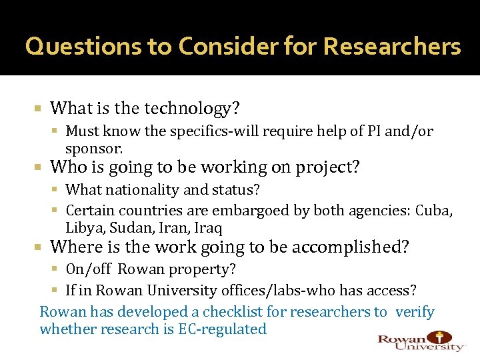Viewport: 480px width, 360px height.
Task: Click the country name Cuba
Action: pyautogui.click(x=433, y=211)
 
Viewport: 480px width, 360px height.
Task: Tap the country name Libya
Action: pyautogui.click(x=84, y=227)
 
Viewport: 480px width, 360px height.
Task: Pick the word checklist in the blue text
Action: pyautogui.click(x=231, y=312)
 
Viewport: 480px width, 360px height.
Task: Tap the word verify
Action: pyautogui.click(x=415, y=312)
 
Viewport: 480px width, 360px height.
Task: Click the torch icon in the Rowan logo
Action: pyautogui.click(x=441, y=337)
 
